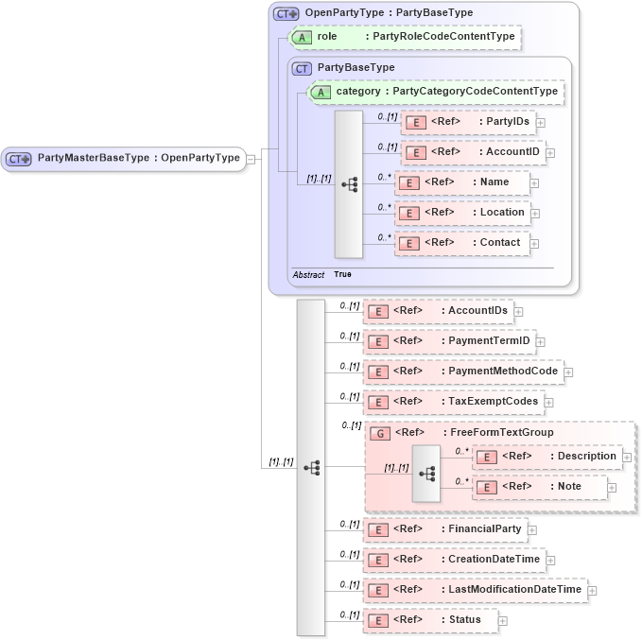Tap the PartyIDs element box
point(467,121)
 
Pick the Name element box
point(461,182)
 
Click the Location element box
point(462,213)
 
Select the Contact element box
point(461,243)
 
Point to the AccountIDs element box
point(437,311)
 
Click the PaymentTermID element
point(449,341)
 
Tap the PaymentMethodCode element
point(463,372)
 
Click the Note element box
point(540,487)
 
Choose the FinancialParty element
point(445,529)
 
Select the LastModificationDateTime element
point(475,590)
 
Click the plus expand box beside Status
point(503,621)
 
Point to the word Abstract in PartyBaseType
point(308,274)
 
